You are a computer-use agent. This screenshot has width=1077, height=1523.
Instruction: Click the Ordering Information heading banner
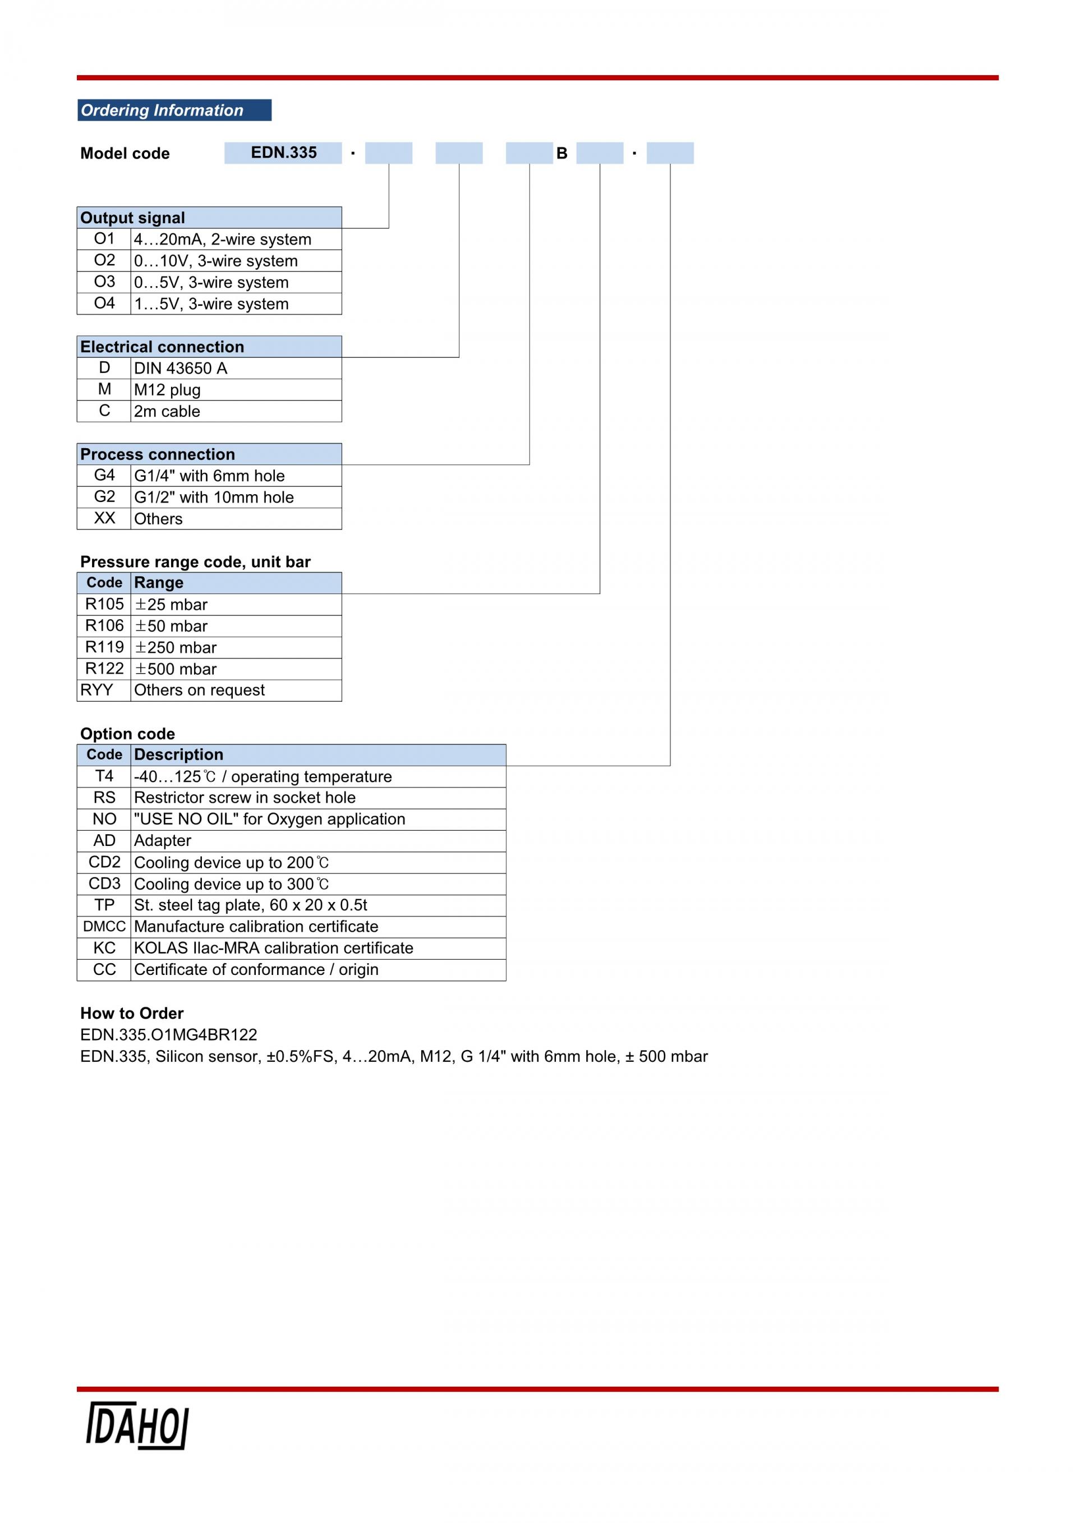(x=174, y=110)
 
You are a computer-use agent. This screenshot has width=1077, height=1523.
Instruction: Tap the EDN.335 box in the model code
(x=283, y=153)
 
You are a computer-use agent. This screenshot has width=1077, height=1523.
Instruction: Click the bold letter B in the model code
(x=561, y=153)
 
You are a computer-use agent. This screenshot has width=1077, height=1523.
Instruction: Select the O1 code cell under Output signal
(x=104, y=239)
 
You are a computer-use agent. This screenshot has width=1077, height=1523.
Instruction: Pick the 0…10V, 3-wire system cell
(x=236, y=261)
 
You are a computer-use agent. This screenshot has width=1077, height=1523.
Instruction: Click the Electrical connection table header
(x=210, y=347)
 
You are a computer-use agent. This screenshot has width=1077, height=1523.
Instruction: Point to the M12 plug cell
(x=236, y=389)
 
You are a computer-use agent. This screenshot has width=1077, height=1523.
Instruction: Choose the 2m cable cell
(x=236, y=411)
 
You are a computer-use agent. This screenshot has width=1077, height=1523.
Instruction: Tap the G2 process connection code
(x=104, y=497)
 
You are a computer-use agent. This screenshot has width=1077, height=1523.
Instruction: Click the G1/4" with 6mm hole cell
(x=236, y=476)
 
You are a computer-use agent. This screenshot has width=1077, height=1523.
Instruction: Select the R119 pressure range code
(x=104, y=647)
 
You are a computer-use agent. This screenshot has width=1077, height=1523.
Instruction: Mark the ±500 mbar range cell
(x=236, y=669)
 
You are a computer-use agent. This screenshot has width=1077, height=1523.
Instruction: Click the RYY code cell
(x=104, y=691)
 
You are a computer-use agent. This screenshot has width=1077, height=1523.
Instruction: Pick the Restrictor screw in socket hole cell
(x=318, y=798)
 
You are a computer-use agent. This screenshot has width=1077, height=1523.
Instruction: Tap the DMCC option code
(x=104, y=927)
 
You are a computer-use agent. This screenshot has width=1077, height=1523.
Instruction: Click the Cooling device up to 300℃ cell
(x=318, y=884)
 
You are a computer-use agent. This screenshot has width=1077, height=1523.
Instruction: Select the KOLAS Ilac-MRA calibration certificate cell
(x=318, y=949)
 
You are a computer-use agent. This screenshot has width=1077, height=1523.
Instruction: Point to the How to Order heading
(x=132, y=1013)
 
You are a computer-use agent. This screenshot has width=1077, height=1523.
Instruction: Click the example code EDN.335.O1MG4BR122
(x=168, y=1035)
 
